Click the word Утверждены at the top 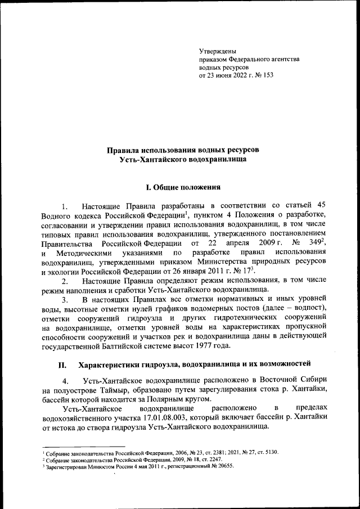click(x=218, y=51)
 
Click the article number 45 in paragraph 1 click(x=321, y=206)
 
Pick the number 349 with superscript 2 click(x=314, y=243)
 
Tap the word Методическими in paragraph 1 click(x=83, y=253)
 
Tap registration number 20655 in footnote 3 click(x=222, y=466)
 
